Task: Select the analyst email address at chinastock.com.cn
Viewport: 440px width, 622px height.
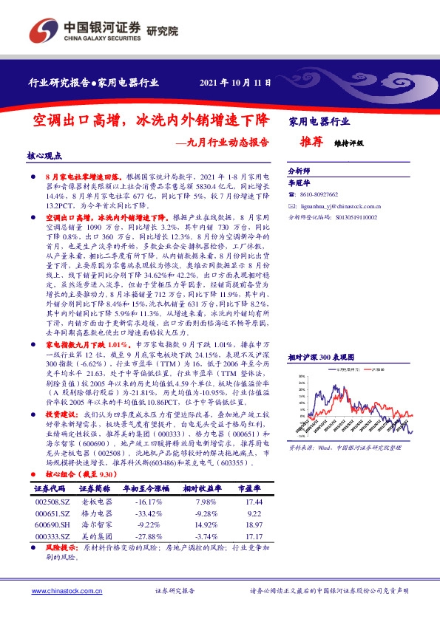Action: [337, 207]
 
